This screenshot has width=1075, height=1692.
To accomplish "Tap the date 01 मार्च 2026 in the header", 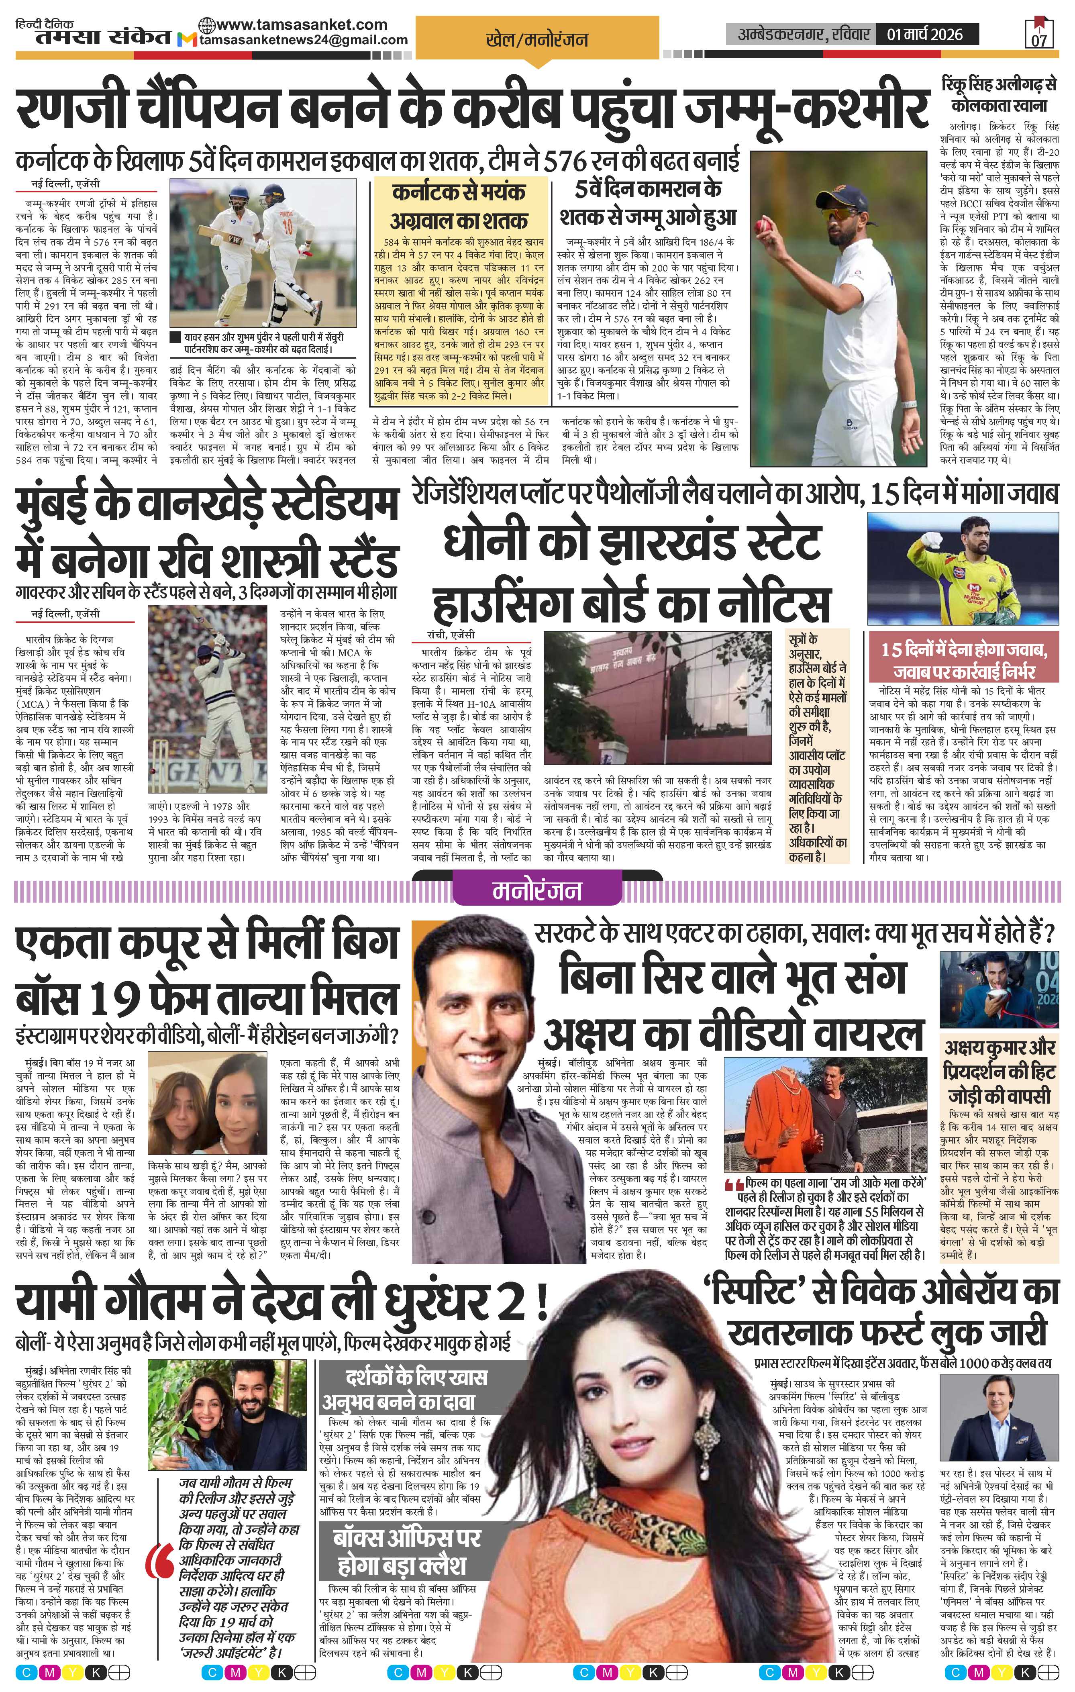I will point(925,34).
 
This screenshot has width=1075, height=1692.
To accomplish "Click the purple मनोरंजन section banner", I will point(537,890).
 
